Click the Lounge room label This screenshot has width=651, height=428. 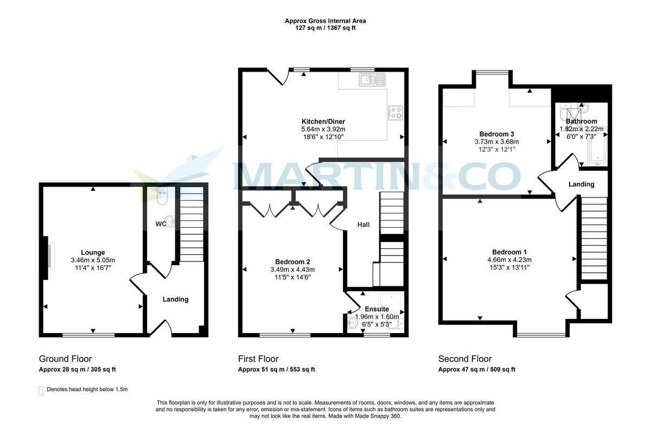[93, 252]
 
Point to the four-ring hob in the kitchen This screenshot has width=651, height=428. [395, 113]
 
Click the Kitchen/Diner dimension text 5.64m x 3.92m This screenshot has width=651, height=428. [323, 129]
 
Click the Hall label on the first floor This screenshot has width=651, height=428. [363, 224]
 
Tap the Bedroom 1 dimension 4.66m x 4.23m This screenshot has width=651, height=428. [509, 259]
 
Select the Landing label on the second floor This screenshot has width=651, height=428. [581, 184]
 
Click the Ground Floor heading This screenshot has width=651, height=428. [65, 359]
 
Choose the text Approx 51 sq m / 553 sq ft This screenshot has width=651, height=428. [276, 370]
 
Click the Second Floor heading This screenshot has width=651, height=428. [465, 359]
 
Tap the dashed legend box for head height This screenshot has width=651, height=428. [41, 389]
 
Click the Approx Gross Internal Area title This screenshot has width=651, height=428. [325, 21]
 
